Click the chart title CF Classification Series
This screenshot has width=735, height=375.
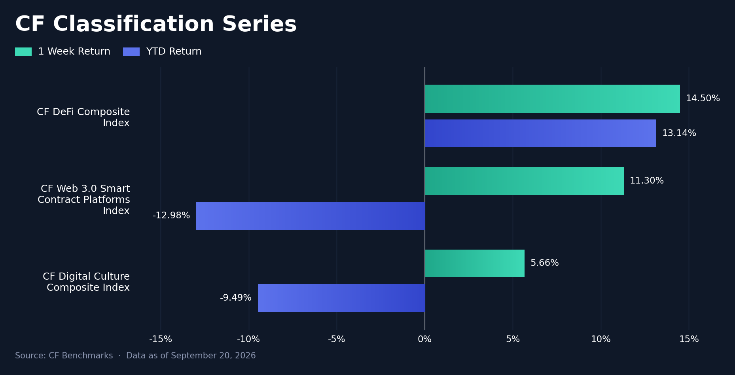click(x=156, y=25)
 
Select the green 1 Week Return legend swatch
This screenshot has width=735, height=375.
click(x=23, y=52)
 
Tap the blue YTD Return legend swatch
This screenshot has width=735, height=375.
click(x=131, y=52)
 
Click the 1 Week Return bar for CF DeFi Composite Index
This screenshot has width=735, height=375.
click(x=552, y=98)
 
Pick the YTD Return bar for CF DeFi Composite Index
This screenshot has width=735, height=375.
click(x=540, y=133)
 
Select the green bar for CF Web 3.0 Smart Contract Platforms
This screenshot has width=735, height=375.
click(x=524, y=181)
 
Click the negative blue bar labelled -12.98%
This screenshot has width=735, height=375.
click(x=311, y=216)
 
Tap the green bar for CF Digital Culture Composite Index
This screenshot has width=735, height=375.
click(x=475, y=263)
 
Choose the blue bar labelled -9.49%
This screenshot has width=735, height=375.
click(x=341, y=298)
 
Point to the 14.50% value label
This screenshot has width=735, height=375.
click(x=703, y=98)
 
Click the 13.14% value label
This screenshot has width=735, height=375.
click(x=679, y=133)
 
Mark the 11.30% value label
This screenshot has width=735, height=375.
click(x=647, y=181)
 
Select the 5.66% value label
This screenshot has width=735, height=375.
click(x=545, y=263)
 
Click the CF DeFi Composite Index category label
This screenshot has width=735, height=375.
click(x=83, y=117)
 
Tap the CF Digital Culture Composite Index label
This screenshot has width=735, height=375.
click(x=86, y=282)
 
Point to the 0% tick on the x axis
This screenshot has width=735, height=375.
click(x=425, y=339)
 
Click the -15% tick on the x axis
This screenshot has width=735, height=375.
click(x=161, y=339)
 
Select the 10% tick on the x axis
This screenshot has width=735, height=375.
click(x=601, y=339)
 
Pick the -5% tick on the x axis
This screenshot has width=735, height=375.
click(x=337, y=339)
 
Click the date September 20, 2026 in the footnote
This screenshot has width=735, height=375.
click(x=211, y=356)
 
